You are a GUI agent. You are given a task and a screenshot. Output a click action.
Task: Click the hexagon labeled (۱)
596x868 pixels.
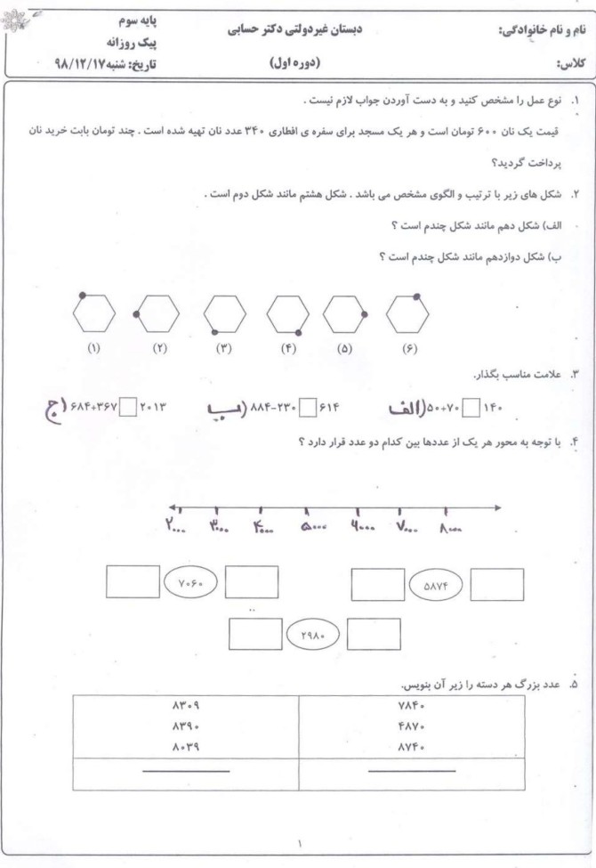point(94,313)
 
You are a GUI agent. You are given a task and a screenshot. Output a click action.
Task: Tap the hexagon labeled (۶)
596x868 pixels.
point(408,313)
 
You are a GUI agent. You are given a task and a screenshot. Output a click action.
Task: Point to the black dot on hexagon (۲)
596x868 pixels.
point(136,314)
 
